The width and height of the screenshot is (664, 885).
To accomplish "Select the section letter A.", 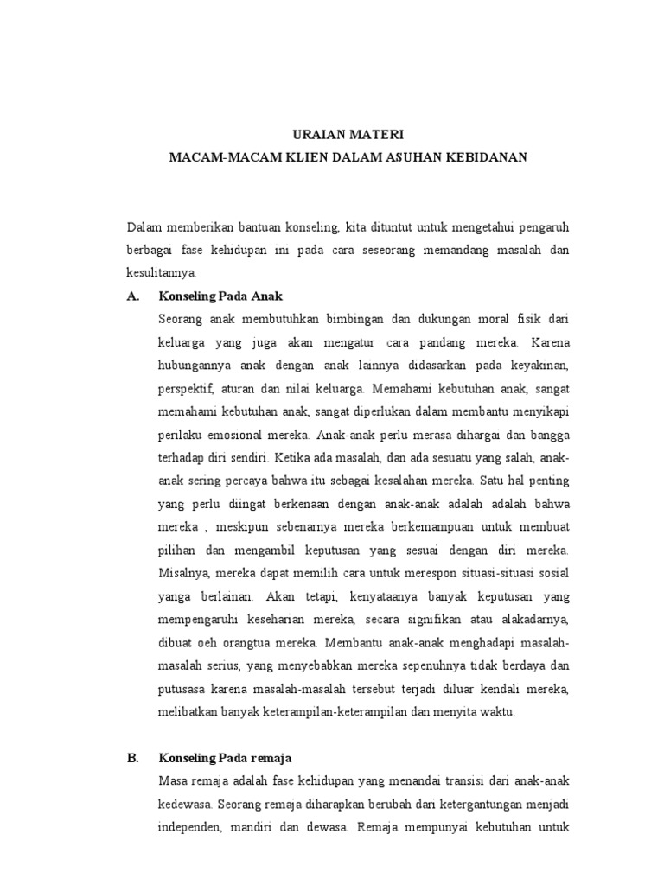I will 133,296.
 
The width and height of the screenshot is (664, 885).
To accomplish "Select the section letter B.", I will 133,758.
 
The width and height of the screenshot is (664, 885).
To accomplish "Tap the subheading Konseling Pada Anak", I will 221,296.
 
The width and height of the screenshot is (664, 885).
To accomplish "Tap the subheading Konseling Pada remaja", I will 225,758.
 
